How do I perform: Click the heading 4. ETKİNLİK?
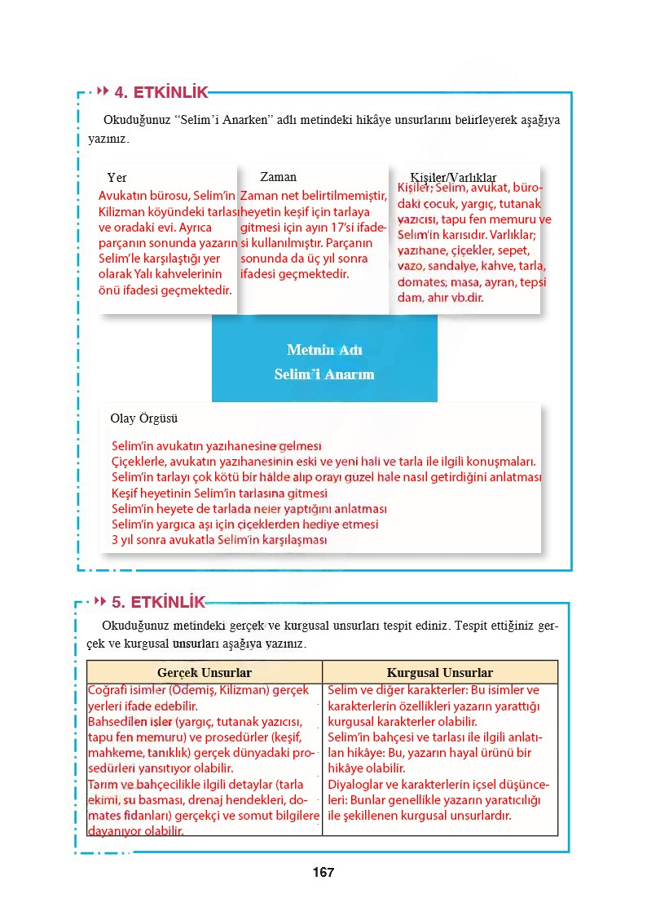point(161,92)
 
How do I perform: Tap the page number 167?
point(323,872)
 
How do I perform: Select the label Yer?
point(117,178)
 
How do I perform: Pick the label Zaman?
point(278,177)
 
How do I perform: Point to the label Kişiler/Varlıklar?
point(453,178)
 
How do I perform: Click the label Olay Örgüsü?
point(143,418)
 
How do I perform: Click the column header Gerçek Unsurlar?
point(204,673)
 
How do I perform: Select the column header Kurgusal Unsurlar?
point(440,673)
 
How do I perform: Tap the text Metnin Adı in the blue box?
point(324,350)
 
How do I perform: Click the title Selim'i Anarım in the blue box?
point(324,374)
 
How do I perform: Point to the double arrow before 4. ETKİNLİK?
point(103,91)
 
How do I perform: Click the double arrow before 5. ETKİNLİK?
point(100,602)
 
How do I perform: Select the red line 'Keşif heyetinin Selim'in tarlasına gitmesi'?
point(219,493)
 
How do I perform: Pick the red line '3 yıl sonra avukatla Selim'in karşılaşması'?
point(219,540)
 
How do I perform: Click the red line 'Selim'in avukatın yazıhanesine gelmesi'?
point(216,446)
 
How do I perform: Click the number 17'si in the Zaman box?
point(351,227)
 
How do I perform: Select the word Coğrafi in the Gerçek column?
point(108,690)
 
